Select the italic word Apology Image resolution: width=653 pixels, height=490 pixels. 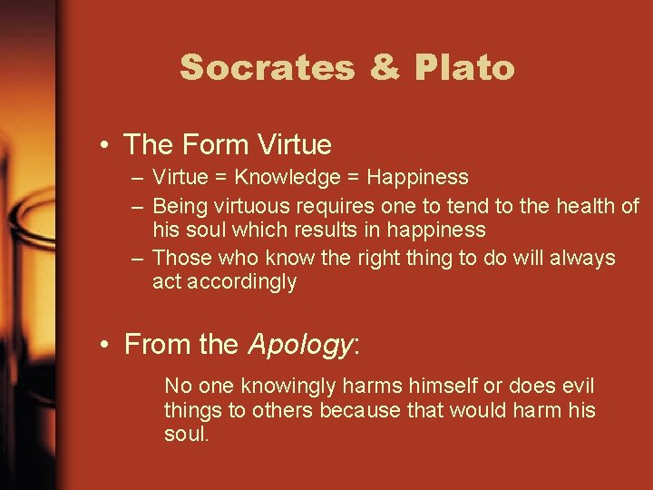tap(298, 345)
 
